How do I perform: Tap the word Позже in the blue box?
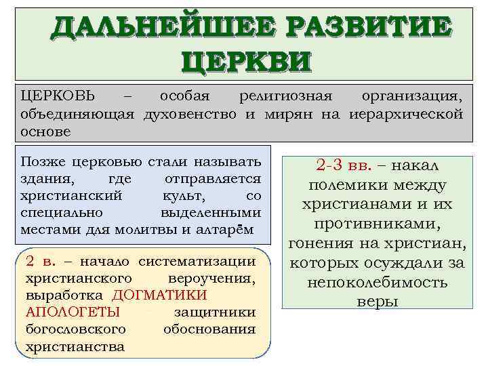(43, 161)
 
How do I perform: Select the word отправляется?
(213, 178)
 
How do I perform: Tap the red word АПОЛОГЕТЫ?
(73, 312)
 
